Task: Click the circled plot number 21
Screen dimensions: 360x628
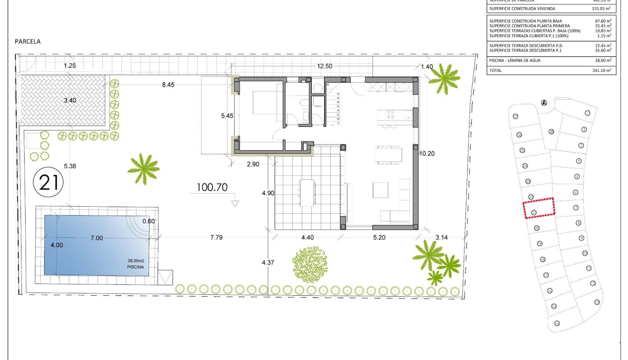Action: pyautogui.click(x=49, y=182)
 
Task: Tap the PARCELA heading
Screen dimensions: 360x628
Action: pyautogui.click(x=28, y=41)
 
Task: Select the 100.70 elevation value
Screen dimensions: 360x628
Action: pyautogui.click(x=212, y=187)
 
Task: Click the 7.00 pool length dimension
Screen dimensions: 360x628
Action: pyautogui.click(x=97, y=238)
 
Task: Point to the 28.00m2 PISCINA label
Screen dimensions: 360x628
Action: pyautogui.click(x=136, y=264)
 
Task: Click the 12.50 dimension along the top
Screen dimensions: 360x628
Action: pyautogui.click(x=325, y=66)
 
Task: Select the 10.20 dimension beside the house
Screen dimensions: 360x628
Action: pyautogui.click(x=428, y=153)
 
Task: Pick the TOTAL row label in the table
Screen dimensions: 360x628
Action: pyautogui.click(x=496, y=70)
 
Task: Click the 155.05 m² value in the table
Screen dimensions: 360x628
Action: pyautogui.click(x=601, y=9)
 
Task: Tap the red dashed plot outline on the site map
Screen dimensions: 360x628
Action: pyautogui.click(x=539, y=208)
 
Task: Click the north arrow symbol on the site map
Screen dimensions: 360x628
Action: pyautogui.click(x=544, y=102)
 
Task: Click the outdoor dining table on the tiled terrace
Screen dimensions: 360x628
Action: pyautogui.click(x=307, y=192)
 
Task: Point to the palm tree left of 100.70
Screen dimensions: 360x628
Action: pyautogui.click(x=143, y=168)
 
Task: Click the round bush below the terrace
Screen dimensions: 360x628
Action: pyautogui.click(x=309, y=264)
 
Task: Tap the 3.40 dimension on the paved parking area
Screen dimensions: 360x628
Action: pyautogui.click(x=70, y=100)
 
